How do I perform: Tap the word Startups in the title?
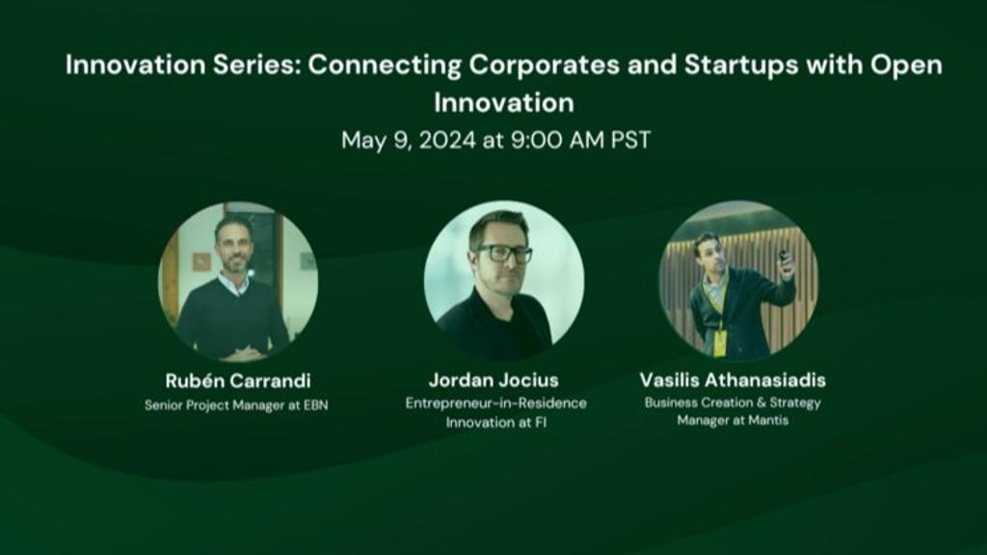tap(741, 66)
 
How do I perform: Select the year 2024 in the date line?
tap(447, 141)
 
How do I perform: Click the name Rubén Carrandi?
tap(238, 381)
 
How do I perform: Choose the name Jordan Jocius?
tap(493, 380)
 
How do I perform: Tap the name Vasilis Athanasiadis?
tap(733, 380)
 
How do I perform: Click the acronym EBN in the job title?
tap(315, 406)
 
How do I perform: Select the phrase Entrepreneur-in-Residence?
tap(496, 404)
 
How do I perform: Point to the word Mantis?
tap(768, 420)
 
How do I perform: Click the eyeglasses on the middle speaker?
tap(503, 253)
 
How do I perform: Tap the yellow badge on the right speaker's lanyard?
tap(719, 343)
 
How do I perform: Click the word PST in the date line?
tap(630, 141)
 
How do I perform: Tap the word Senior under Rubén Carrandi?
tap(163, 406)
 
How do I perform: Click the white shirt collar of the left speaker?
tap(233, 283)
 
